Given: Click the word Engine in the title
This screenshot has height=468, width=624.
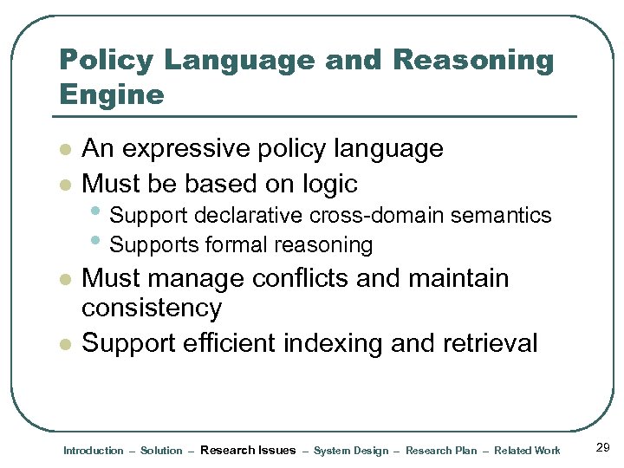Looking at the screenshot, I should (x=111, y=94).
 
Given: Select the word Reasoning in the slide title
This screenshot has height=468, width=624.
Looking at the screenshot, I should (x=472, y=61).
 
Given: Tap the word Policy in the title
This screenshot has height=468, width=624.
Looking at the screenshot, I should (x=105, y=61).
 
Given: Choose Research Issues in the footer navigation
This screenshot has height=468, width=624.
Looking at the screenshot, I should (x=248, y=450).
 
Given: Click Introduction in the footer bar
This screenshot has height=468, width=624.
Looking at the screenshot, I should (x=94, y=451).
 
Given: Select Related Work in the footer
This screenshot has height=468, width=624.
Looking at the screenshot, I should (x=528, y=451).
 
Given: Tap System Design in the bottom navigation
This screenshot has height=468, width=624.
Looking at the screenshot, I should (x=351, y=451).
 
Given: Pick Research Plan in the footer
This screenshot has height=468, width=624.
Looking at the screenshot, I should (x=441, y=451).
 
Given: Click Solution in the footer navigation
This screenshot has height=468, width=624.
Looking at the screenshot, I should (x=161, y=451).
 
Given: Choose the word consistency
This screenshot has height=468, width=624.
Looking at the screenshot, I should (x=152, y=309).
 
